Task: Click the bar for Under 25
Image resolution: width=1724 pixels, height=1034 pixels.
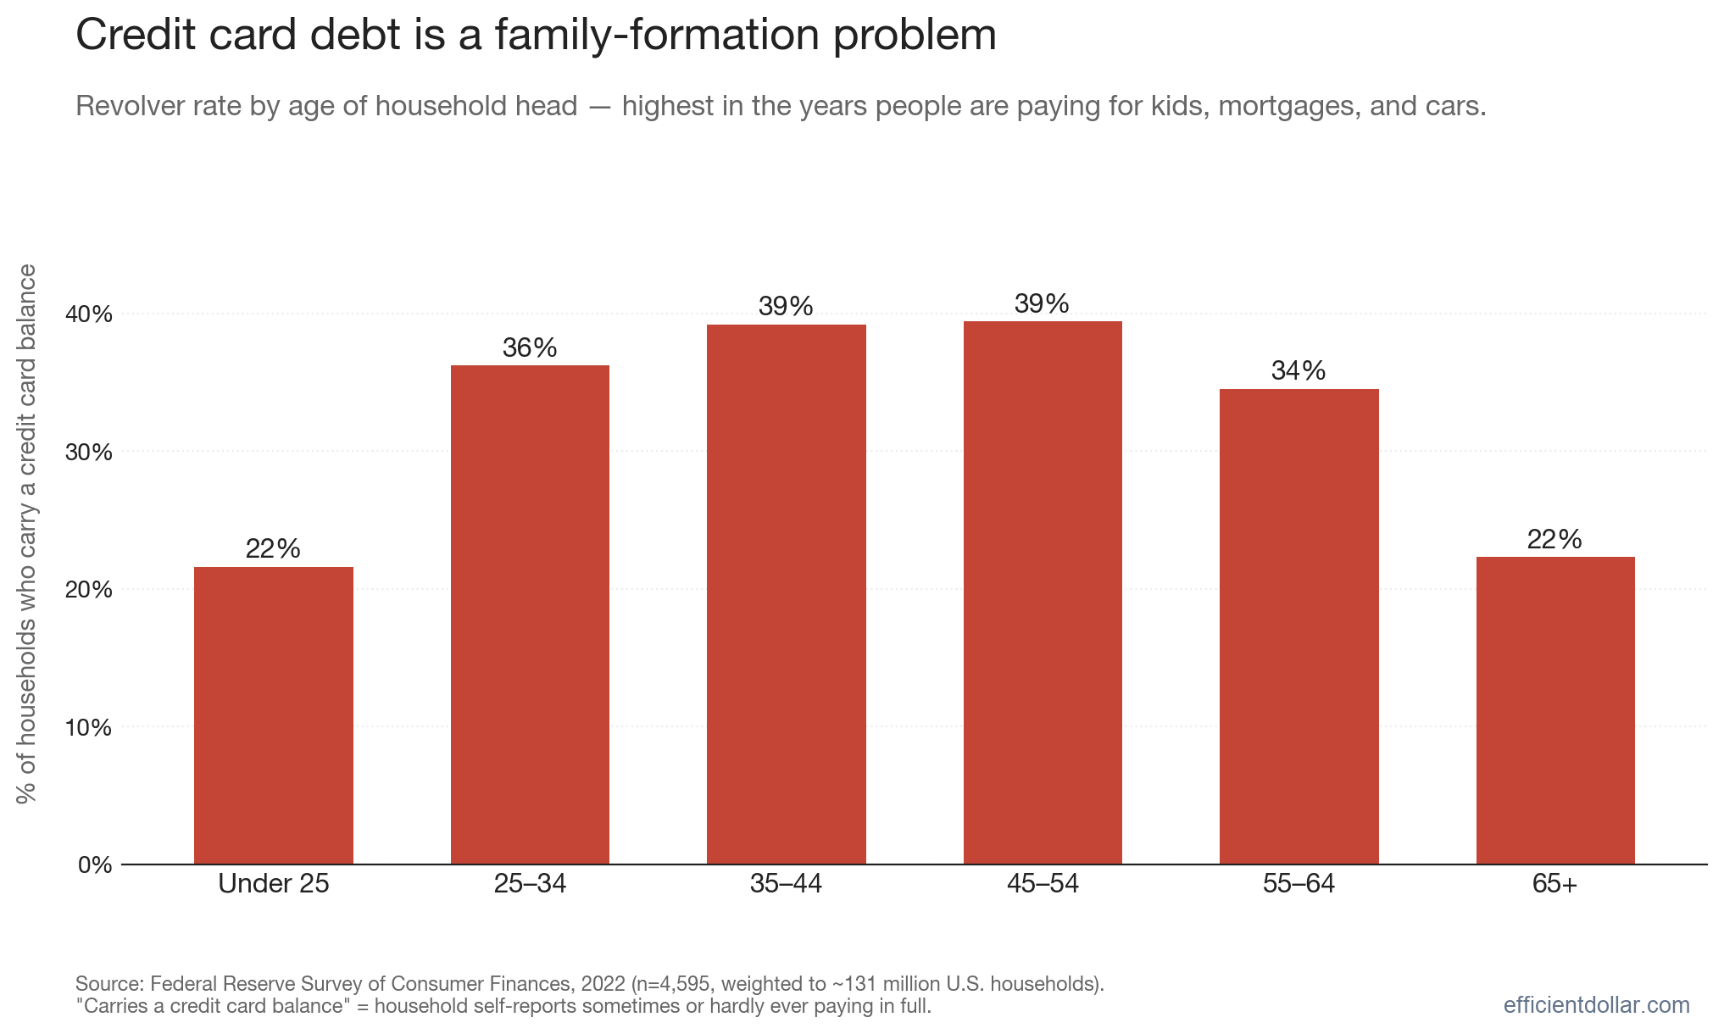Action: point(274,715)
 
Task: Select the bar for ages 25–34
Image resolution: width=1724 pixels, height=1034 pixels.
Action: point(530,614)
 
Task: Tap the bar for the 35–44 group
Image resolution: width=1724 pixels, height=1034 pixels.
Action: point(787,594)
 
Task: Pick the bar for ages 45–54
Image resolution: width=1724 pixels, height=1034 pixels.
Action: point(1043,592)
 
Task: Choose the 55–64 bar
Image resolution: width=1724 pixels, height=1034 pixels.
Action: point(1299,626)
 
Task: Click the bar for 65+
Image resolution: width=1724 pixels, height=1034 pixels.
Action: point(1555,710)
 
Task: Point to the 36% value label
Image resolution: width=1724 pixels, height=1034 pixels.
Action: point(530,347)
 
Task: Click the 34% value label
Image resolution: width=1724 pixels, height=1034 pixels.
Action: point(1299,370)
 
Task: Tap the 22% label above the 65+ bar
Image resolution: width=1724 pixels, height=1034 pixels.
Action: point(1554,539)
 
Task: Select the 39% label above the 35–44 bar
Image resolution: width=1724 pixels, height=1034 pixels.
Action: point(786,306)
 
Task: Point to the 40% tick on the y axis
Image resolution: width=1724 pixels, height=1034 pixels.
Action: point(89,314)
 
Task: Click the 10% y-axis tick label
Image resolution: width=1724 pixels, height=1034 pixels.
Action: point(89,727)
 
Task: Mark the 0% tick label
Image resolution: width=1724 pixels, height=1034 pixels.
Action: point(95,865)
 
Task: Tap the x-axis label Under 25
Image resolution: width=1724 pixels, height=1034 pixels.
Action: point(274,884)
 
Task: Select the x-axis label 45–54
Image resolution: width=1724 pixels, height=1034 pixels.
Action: point(1043,884)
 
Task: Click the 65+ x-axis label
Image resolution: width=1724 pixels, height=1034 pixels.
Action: point(1555,884)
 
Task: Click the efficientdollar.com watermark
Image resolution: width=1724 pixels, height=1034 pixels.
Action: point(1597,1005)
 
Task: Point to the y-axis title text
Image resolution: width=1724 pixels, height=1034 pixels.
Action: point(27,534)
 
